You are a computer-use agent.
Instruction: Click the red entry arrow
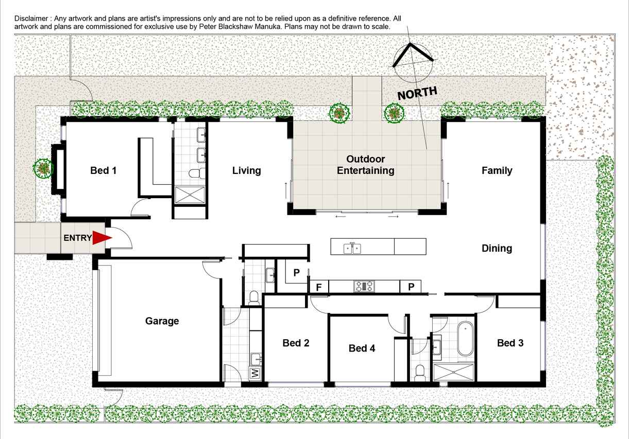(x=102, y=238)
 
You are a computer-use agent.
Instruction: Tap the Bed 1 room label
(x=104, y=170)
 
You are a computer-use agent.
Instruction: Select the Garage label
(x=162, y=321)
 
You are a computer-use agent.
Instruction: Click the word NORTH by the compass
(x=417, y=93)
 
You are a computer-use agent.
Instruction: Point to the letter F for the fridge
(x=319, y=287)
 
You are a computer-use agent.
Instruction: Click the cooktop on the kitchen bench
(x=364, y=286)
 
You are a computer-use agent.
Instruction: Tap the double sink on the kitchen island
(x=352, y=249)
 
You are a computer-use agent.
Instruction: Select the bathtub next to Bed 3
(x=465, y=339)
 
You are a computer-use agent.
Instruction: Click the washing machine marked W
(x=255, y=374)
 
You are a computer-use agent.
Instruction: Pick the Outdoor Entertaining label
(x=366, y=165)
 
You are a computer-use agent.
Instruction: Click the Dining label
(x=497, y=249)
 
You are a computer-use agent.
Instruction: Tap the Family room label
(x=497, y=170)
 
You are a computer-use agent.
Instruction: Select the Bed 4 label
(x=362, y=348)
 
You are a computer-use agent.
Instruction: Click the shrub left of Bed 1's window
(x=43, y=168)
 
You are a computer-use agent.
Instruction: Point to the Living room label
(x=247, y=170)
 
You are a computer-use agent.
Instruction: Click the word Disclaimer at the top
(x=31, y=19)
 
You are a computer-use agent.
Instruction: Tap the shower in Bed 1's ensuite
(x=190, y=195)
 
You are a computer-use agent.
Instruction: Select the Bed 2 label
(x=296, y=343)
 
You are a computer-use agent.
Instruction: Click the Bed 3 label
(x=510, y=343)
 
